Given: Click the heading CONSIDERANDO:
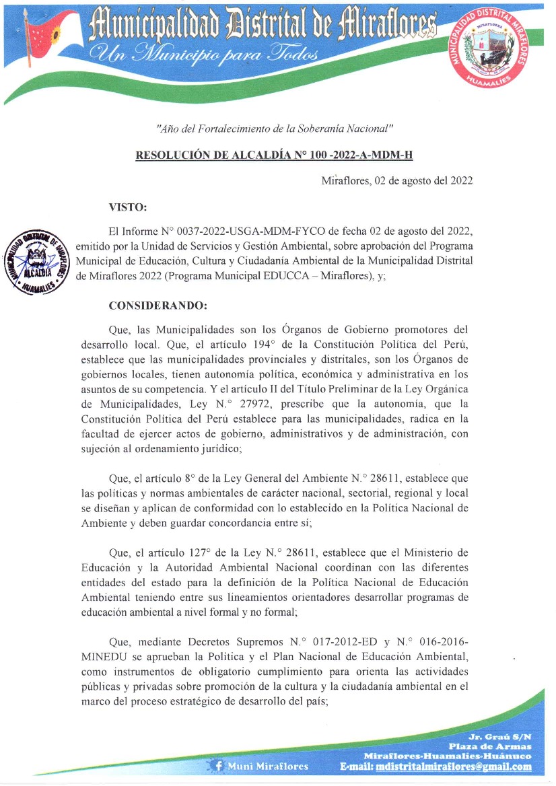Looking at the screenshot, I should (x=158, y=306).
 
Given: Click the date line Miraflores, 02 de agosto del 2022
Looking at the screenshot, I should (x=396, y=181).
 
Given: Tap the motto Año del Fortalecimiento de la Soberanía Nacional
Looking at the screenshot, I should (x=274, y=128).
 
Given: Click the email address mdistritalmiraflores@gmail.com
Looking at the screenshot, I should (x=454, y=766).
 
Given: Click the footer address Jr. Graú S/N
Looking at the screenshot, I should (x=502, y=736).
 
